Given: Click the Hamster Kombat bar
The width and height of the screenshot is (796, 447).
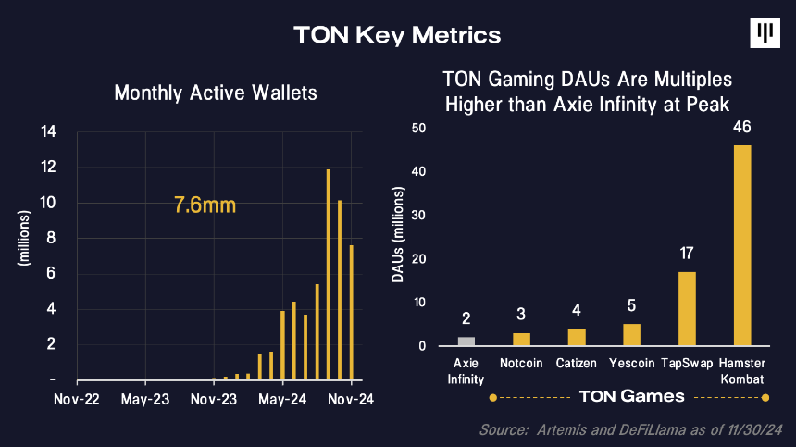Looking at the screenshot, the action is [x=742, y=245].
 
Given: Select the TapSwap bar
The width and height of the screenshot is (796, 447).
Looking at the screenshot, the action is [x=687, y=309].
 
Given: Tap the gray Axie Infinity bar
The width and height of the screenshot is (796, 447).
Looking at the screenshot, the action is [x=466, y=341].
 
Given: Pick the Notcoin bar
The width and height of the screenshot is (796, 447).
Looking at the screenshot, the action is [x=521, y=340].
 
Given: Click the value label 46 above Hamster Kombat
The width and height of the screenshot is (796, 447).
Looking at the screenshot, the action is [x=742, y=127].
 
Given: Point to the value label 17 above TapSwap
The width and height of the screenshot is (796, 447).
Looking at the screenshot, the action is [x=687, y=254].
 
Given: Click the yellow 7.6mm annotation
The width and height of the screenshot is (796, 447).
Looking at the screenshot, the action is [x=205, y=205].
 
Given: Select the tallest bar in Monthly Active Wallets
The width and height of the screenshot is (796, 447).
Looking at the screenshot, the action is [x=329, y=275].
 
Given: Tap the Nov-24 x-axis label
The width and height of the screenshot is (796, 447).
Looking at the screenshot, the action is [x=351, y=399].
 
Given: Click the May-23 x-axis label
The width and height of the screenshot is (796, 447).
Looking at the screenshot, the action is [x=145, y=399].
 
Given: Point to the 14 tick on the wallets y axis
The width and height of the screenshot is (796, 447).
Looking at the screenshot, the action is [x=48, y=132].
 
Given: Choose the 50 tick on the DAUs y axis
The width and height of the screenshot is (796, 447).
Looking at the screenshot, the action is [x=418, y=128].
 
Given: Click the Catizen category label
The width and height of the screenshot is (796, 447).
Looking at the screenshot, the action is [x=577, y=364].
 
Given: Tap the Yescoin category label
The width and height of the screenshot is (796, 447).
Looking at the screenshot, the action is [x=631, y=364].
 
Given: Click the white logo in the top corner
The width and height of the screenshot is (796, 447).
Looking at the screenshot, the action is [x=765, y=33].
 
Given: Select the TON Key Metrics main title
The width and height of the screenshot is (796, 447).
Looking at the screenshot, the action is [x=397, y=35].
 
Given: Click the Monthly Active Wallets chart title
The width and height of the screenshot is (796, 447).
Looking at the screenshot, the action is [x=216, y=93].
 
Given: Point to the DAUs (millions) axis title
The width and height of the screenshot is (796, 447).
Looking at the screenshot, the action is [x=397, y=234].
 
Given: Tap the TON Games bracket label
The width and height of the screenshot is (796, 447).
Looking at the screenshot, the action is [x=631, y=396].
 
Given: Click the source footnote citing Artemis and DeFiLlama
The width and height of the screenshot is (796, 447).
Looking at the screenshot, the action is [x=631, y=429].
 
